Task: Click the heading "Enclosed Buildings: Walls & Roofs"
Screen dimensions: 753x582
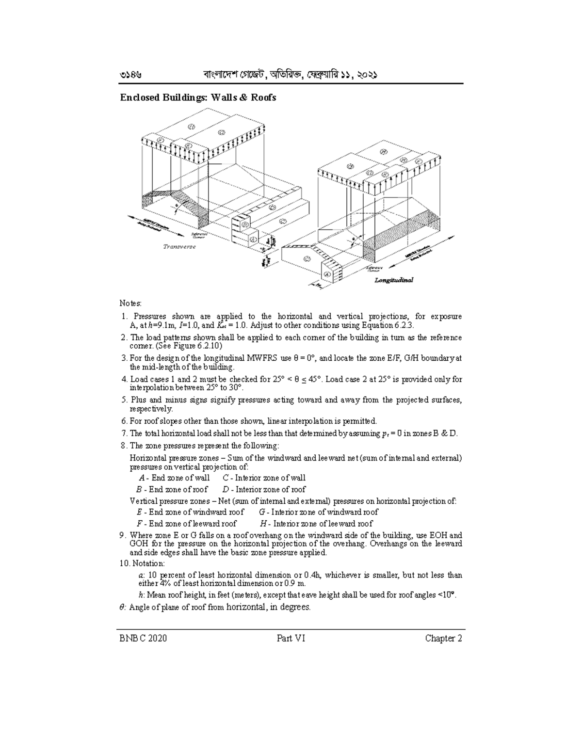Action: (x=198, y=97)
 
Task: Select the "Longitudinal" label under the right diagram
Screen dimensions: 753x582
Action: (x=393, y=280)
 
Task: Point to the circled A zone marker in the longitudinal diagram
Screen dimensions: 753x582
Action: (x=327, y=274)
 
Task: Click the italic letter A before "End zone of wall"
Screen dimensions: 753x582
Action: (x=141, y=478)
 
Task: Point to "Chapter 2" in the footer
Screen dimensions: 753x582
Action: (x=443, y=638)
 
